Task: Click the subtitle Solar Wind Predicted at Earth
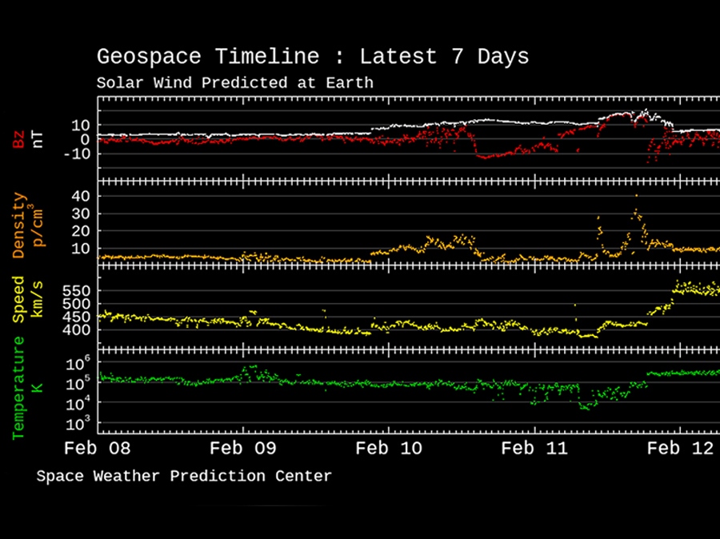234,82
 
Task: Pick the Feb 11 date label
535,448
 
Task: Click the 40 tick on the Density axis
80,196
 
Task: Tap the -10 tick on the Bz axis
77,154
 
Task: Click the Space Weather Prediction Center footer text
183,477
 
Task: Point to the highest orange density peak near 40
636,196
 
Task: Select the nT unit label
37,139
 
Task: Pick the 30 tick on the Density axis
80,214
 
